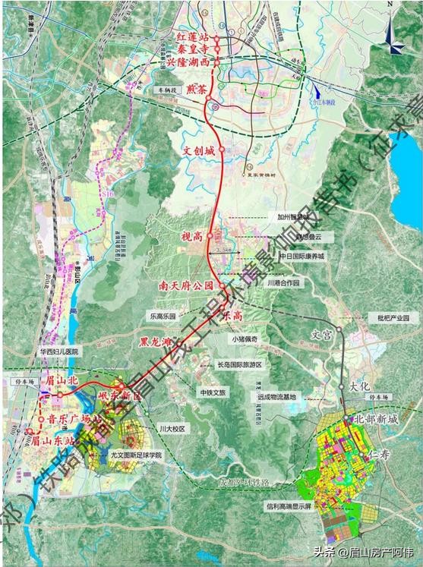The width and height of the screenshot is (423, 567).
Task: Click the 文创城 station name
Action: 200,150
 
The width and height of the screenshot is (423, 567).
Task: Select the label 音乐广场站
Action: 68,419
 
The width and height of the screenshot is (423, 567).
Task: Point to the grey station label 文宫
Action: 323,332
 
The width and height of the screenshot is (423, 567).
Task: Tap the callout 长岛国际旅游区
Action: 238,364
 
